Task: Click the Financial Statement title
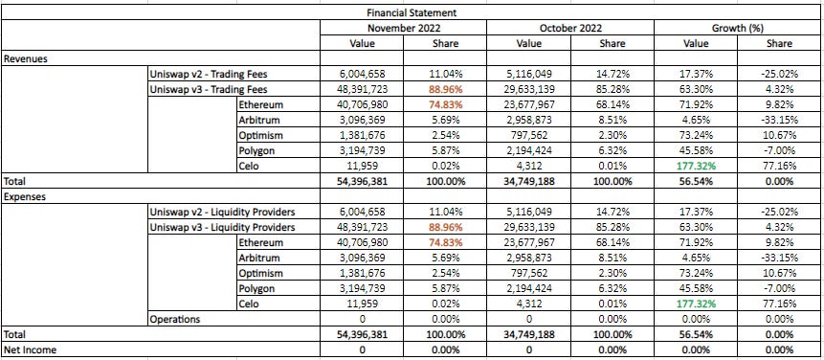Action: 412,13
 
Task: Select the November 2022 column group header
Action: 403,28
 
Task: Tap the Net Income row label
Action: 30,349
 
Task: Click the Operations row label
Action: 177,319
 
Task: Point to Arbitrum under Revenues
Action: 261,120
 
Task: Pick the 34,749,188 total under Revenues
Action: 528,181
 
